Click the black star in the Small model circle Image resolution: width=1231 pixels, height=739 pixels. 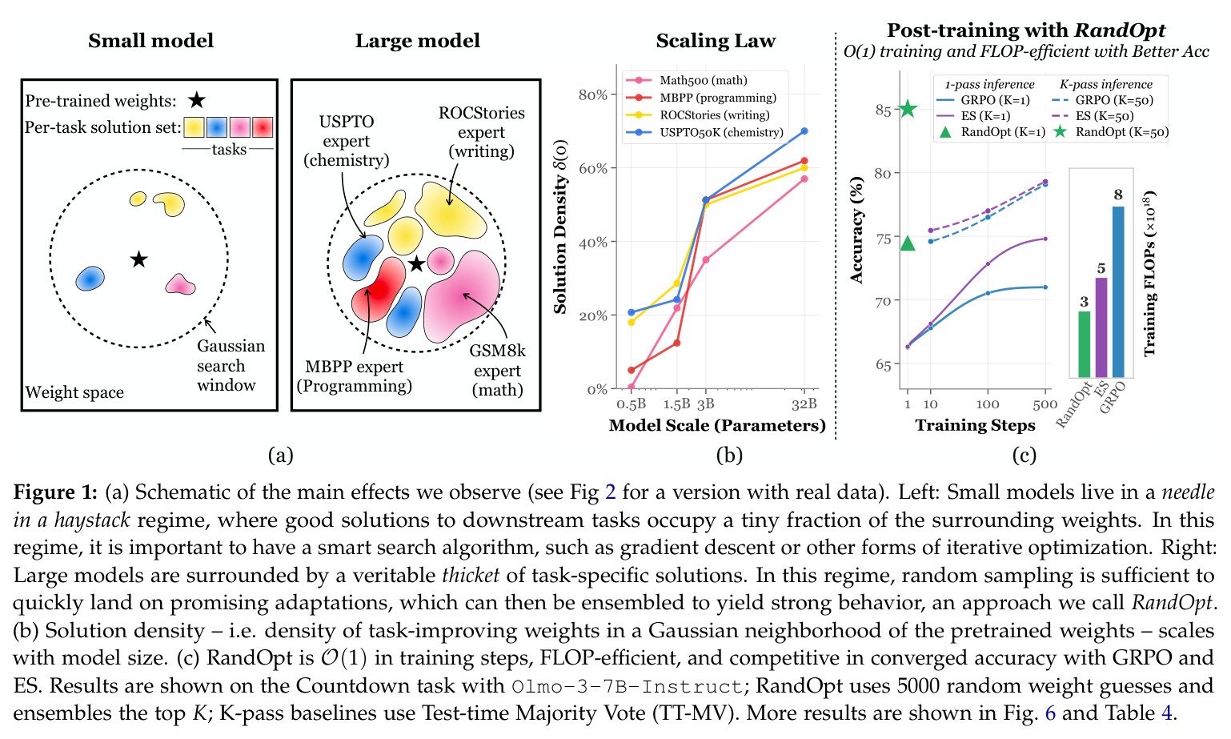coord(138,259)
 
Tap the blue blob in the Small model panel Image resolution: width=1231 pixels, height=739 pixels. coord(90,278)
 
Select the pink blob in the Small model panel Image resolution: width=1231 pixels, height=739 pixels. coord(180,284)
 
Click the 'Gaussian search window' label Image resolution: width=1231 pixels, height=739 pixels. coord(231,366)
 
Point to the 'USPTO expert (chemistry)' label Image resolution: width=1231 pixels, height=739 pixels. coord(347,141)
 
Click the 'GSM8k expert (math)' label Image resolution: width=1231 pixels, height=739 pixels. coord(497,370)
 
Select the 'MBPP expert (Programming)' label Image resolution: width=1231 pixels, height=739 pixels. coord(355,376)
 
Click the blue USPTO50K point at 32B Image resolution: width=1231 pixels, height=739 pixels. coord(804,131)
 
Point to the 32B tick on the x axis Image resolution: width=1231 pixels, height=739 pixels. coord(804,404)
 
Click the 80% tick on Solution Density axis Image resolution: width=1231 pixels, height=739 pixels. coord(593,95)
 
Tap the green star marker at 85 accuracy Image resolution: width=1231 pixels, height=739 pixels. coord(908,109)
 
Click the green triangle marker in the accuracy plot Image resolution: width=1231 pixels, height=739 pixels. coord(908,243)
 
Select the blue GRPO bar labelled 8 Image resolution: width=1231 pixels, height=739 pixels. coord(1118,291)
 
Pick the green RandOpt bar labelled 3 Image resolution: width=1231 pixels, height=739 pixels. coord(1084,344)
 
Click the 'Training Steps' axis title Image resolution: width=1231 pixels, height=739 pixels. coord(975,425)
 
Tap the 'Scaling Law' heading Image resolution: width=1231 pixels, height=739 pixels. coord(716,41)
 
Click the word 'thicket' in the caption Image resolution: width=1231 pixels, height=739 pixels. coord(471,575)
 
